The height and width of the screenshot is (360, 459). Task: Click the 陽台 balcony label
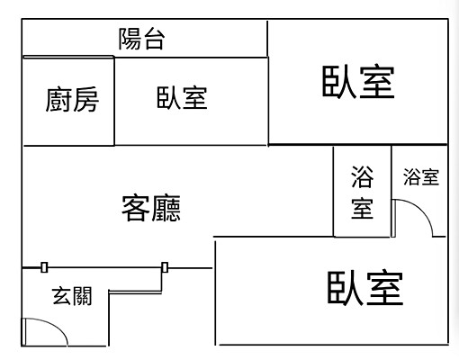[x=142, y=39]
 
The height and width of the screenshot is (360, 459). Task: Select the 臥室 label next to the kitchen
[x=182, y=98]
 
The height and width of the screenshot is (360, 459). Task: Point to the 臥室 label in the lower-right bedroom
[x=364, y=288]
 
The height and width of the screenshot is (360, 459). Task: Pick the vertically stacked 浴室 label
[x=362, y=193]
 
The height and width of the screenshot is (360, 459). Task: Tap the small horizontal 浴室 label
[x=421, y=177]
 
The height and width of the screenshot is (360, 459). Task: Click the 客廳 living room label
[x=151, y=209]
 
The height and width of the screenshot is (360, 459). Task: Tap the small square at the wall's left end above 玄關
[x=43, y=266]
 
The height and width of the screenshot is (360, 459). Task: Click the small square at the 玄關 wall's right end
[x=165, y=266]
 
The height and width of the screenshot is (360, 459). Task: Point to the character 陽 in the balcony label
[x=130, y=39]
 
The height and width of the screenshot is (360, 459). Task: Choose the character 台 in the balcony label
[x=154, y=39]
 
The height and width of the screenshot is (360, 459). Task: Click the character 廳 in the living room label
[x=166, y=209]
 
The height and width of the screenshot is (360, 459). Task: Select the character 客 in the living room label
[x=136, y=209]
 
